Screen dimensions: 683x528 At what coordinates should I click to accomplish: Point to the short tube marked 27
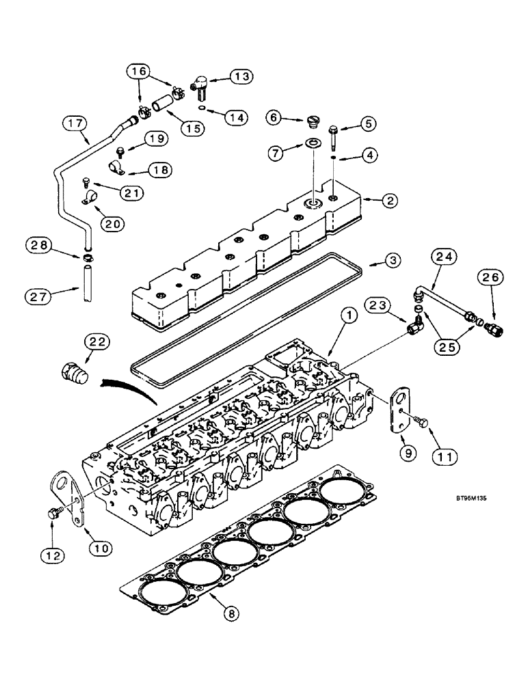coord(85,283)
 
